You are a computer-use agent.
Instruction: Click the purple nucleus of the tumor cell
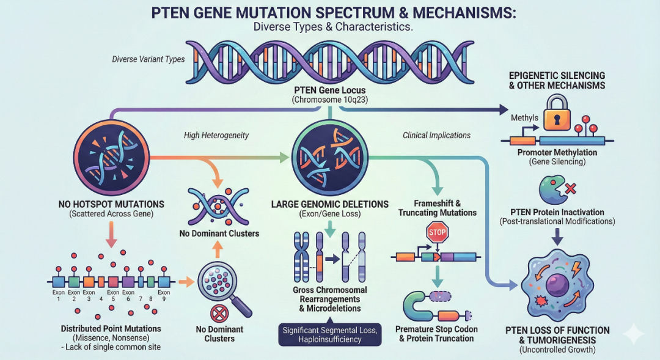(x=557, y=285)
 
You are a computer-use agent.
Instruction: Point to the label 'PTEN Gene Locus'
(x=329, y=90)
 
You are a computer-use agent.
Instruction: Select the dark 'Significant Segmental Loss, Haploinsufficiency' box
(x=330, y=334)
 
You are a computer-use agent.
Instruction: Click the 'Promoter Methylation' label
(x=557, y=152)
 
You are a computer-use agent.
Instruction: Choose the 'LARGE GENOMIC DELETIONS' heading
(x=329, y=204)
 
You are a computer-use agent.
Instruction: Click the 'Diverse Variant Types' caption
(x=148, y=59)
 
